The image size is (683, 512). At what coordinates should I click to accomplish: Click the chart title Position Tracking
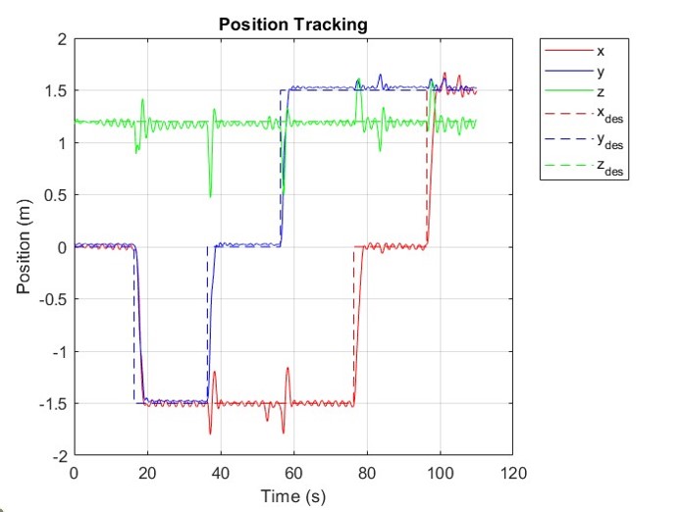click(292, 25)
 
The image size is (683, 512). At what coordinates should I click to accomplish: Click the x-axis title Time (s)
click(292, 496)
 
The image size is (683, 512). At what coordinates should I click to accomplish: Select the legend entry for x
click(601, 48)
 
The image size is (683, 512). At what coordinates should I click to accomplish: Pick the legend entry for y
click(601, 73)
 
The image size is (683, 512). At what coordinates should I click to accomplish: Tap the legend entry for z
click(601, 97)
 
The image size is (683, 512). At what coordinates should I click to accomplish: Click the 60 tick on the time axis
click(293, 472)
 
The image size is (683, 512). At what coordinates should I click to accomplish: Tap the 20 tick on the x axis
click(147, 472)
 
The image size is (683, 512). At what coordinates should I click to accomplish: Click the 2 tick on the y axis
click(61, 39)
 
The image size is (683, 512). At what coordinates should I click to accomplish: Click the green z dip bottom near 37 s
click(210, 196)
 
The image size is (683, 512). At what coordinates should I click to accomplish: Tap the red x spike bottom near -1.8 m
click(210, 433)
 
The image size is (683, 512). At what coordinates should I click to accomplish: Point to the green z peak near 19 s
click(142, 100)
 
